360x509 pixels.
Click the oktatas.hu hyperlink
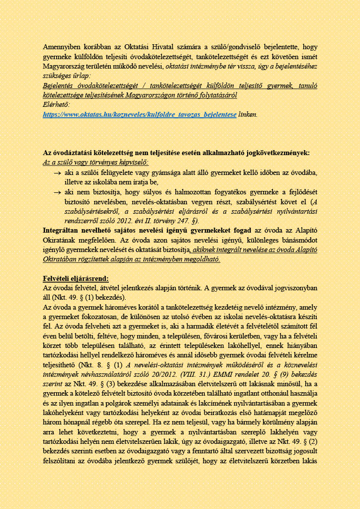[140, 114]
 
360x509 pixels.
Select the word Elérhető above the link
[57, 105]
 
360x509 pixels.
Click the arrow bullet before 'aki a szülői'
[57, 172]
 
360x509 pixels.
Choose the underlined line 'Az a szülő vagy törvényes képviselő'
[95, 162]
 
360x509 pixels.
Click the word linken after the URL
[248, 114]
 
